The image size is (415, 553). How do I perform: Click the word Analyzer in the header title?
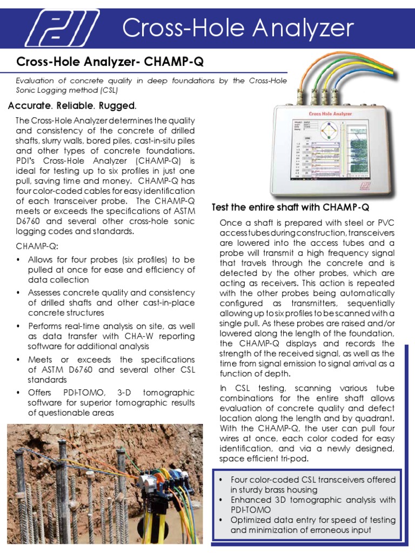tap(300, 28)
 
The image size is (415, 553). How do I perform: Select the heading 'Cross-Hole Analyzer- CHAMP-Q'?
tap(110, 63)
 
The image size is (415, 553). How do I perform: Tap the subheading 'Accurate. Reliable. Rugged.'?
tap(72, 105)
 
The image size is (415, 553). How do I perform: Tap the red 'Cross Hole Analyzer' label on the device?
tap(330, 114)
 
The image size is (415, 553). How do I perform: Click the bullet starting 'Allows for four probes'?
tap(111, 269)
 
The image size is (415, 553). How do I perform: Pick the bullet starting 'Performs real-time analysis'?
tap(111, 336)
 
